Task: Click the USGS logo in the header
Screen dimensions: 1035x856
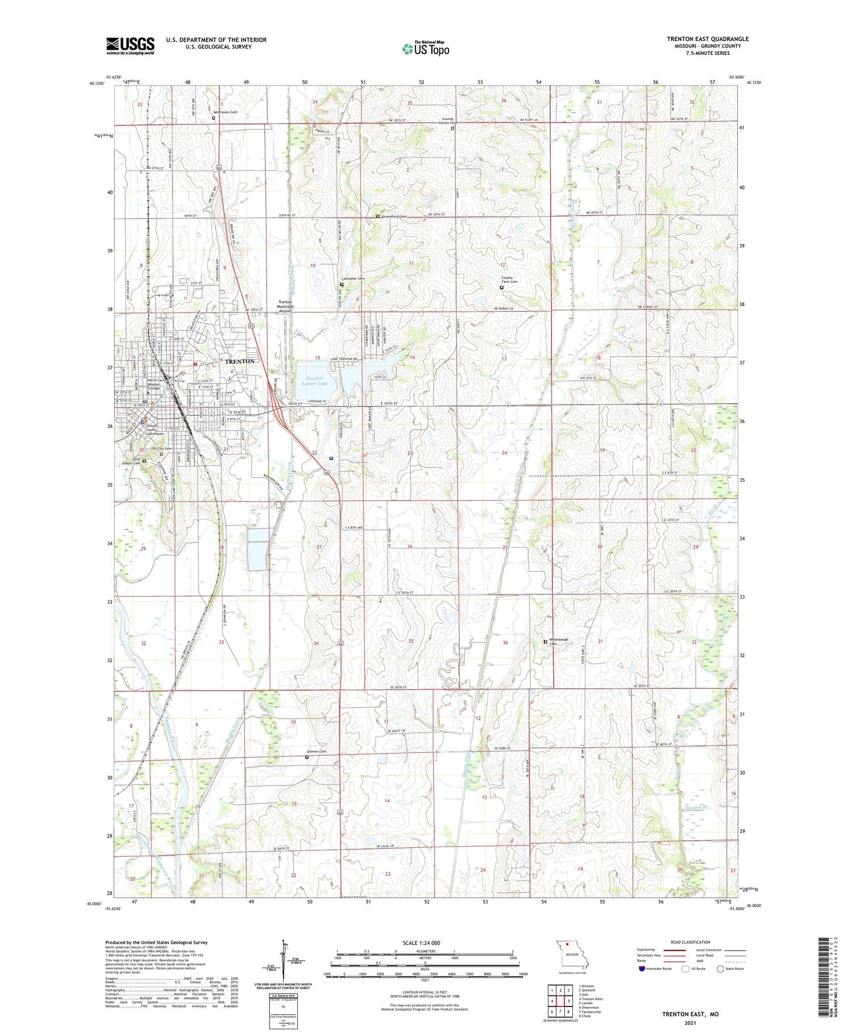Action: [130, 46]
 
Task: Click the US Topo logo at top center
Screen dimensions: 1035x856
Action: [425, 49]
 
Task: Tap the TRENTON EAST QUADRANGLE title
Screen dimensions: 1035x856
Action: [708, 39]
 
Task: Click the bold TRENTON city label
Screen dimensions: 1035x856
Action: [240, 361]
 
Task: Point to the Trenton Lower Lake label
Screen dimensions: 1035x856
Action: [314, 381]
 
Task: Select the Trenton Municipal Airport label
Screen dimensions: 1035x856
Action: [285, 307]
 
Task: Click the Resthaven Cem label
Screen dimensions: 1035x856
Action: [225, 112]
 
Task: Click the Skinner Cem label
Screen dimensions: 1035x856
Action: [316, 751]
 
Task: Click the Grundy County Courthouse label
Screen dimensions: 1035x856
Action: [154, 429]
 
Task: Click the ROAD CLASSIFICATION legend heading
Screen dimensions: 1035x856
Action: [691, 942]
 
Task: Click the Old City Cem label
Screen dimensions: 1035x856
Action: [161, 449]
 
